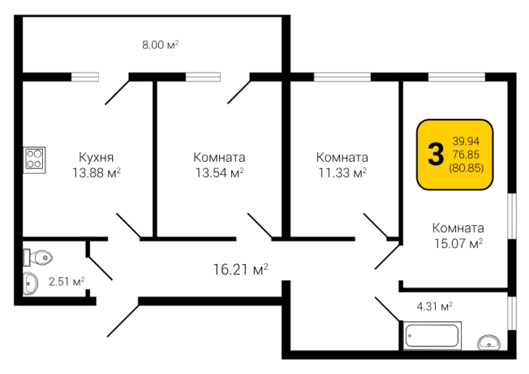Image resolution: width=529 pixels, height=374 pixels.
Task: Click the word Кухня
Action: pyautogui.click(x=97, y=158)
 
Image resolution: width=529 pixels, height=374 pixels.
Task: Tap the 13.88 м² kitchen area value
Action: pyautogui.click(x=97, y=173)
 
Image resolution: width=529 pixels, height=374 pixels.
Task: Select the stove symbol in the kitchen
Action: pyautogui.click(x=34, y=159)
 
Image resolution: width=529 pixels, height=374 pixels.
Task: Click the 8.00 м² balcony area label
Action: pyautogui.click(x=161, y=45)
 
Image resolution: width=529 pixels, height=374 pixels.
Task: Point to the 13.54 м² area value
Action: pyautogui.click(x=220, y=173)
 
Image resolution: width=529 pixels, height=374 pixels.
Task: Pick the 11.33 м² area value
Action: pyautogui.click(x=342, y=173)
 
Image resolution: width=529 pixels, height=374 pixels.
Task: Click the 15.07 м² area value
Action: pyautogui.click(x=458, y=243)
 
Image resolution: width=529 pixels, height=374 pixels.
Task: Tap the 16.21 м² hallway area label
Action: pyautogui.click(x=240, y=269)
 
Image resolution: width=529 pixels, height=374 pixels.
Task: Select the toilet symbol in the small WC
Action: pyautogui.click(x=37, y=258)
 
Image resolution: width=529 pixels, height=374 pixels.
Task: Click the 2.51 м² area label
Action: pyautogui.click(x=67, y=281)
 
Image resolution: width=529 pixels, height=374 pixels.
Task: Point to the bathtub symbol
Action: pyautogui.click(x=432, y=336)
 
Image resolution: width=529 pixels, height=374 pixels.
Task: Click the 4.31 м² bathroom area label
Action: pyautogui.click(x=435, y=307)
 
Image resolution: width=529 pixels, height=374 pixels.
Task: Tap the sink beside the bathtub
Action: pyautogui.click(x=488, y=342)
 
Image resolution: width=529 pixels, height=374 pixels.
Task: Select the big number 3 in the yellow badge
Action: pyautogui.click(x=436, y=154)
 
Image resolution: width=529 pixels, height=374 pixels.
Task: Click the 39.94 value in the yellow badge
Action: pyautogui.click(x=466, y=141)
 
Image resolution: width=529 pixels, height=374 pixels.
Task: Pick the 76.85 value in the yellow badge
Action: pyautogui.click(x=466, y=154)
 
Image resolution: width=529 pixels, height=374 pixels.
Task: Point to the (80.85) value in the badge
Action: pyautogui.click(x=466, y=168)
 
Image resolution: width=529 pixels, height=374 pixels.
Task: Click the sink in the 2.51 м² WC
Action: pyautogui.click(x=30, y=284)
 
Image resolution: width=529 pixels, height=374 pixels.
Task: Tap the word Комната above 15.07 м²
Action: pyautogui.click(x=458, y=228)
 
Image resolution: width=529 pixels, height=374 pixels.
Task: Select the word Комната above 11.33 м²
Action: pyautogui.click(x=342, y=158)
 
